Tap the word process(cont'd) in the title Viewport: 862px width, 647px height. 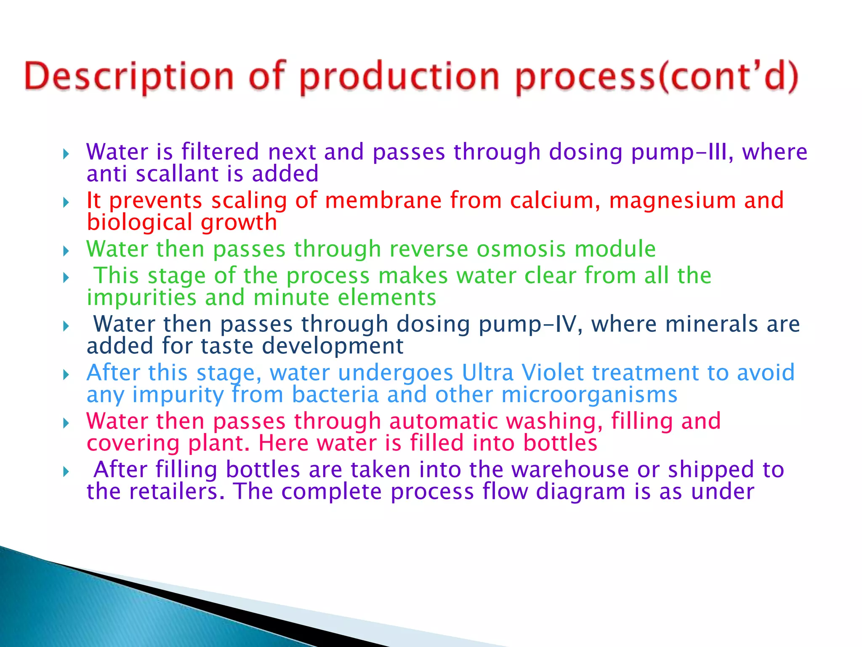click(x=657, y=77)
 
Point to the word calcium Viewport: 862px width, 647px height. click(x=555, y=200)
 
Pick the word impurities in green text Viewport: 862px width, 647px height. click(x=142, y=298)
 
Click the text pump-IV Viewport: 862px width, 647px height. click(x=531, y=325)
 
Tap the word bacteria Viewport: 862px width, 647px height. click(x=335, y=395)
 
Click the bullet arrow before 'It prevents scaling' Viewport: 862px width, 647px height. click(x=66, y=203)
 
